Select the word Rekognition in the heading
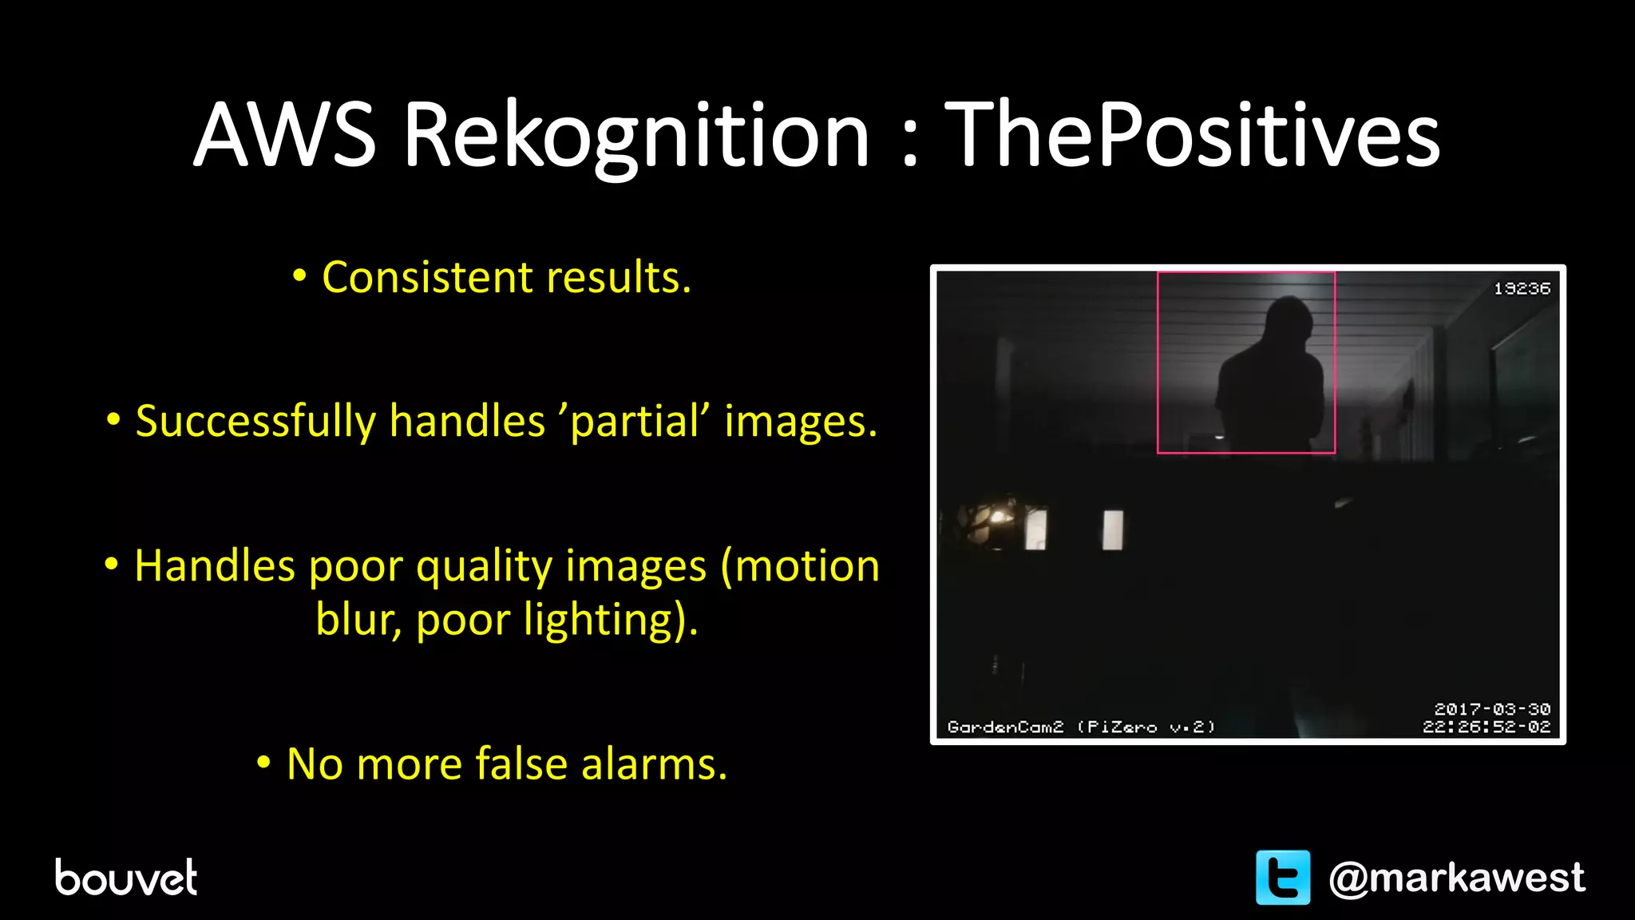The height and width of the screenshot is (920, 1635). click(x=636, y=136)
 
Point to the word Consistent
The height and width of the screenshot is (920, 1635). click(x=427, y=277)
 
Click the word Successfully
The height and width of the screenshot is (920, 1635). click(x=255, y=422)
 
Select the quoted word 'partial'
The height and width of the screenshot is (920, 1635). click(x=635, y=422)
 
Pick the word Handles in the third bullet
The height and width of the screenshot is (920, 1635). click(x=215, y=566)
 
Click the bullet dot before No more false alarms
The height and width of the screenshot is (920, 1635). click(x=263, y=763)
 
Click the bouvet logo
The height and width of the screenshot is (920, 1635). click(x=125, y=877)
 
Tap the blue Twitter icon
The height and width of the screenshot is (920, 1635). click(x=1282, y=878)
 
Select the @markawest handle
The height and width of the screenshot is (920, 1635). click(x=1456, y=878)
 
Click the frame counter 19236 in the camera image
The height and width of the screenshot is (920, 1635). click(x=1522, y=288)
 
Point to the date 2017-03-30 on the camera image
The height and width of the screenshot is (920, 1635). click(x=1491, y=709)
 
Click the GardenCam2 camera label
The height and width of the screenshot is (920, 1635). click(x=1005, y=727)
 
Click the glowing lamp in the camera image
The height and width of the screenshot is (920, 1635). click(x=998, y=517)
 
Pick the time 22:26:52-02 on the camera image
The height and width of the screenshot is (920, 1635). click(x=1486, y=727)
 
